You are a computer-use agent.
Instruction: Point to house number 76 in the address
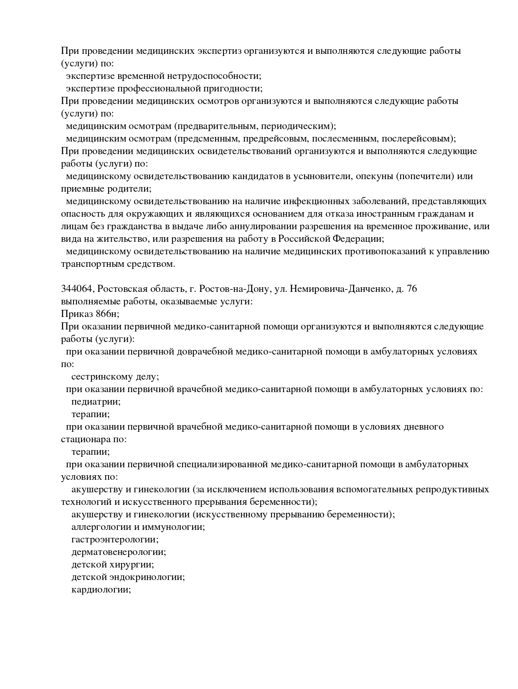click(411, 289)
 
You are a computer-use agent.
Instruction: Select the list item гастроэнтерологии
click(114, 540)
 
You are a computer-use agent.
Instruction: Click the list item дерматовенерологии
click(118, 552)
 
